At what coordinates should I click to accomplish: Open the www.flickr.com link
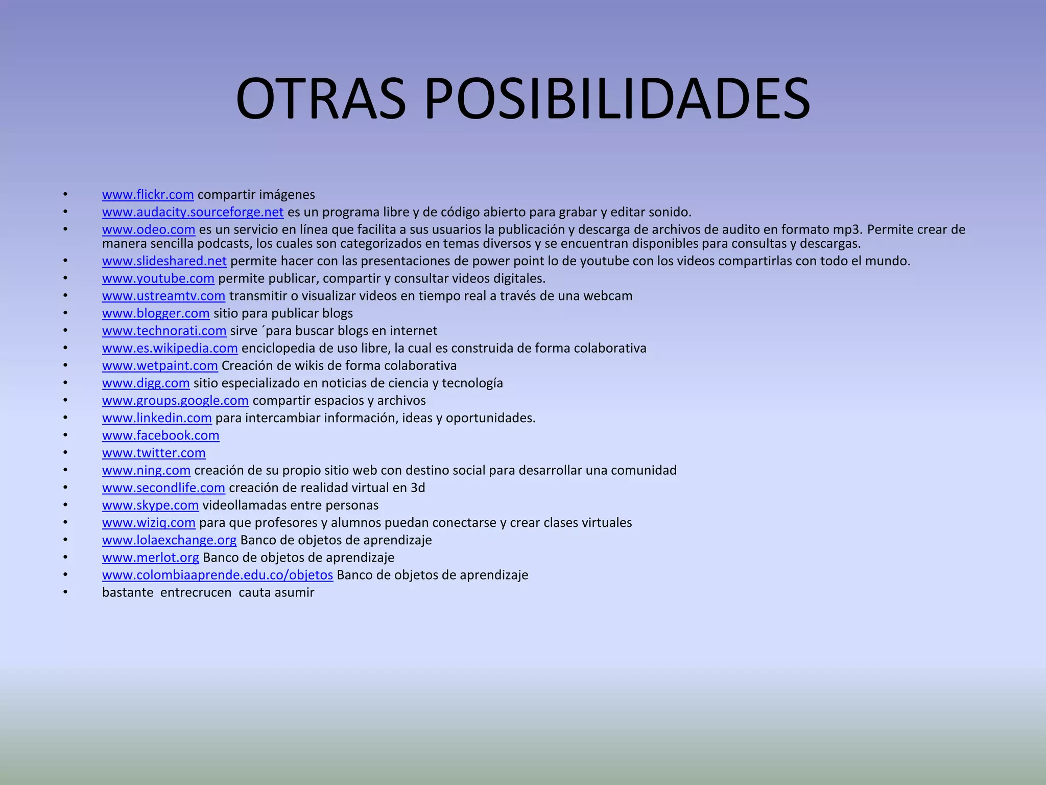click(148, 195)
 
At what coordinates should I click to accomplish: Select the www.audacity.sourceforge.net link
click(193, 212)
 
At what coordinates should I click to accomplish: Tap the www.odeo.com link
click(149, 229)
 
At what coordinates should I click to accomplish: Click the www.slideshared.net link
click(164, 261)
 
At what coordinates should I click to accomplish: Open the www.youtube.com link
click(158, 279)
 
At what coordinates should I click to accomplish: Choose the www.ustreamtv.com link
click(163, 296)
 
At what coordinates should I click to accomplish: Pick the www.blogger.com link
click(156, 313)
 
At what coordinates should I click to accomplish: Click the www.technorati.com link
click(164, 331)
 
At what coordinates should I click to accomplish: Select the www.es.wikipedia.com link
click(170, 348)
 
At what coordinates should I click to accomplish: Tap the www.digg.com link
click(146, 383)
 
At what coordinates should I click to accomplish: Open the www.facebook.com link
click(160, 435)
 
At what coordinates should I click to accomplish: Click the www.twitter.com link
click(154, 453)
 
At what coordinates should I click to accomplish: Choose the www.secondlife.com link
click(163, 488)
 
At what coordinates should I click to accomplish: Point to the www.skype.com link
click(150, 505)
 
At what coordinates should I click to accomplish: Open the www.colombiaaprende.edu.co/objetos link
click(217, 575)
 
